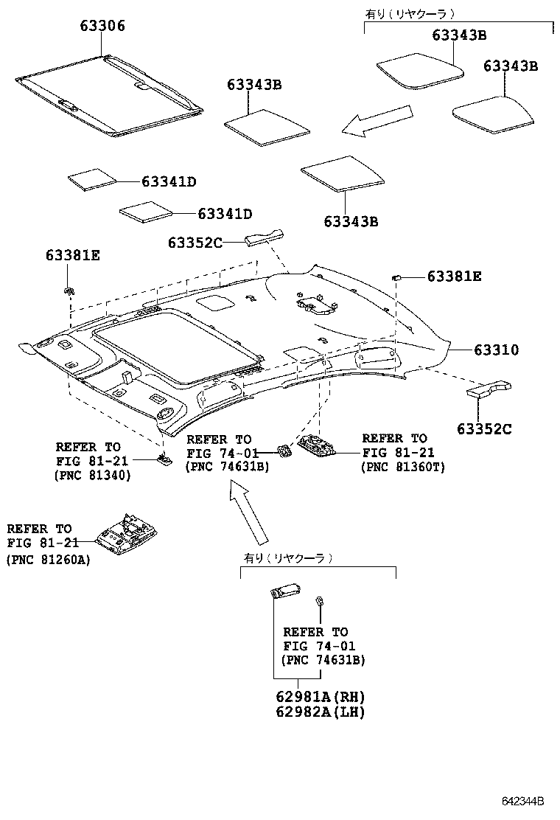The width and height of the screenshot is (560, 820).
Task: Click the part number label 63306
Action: pyautogui.click(x=102, y=27)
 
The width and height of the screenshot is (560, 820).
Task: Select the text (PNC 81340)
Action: pyautogui.click(x=92, y=476)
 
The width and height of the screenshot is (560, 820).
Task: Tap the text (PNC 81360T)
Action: pyautogui.click(x=402, y=468)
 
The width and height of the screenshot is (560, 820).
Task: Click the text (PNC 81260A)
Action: pyautogui.click(x=48, y=560)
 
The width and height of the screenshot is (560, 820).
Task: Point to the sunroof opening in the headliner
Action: pyautogui.click(x=177, y=347)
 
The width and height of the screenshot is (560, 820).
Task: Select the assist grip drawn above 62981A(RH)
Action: pyautogui.click(x=284, y=591)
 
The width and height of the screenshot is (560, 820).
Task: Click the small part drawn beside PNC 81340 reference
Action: pyautogui.click(x=164, y=460)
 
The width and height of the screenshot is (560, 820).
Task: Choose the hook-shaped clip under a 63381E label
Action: pyautogui.click(x=68, y=288)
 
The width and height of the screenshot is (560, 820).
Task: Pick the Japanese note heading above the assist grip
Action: pyautogui.click(x=288, y=559)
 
